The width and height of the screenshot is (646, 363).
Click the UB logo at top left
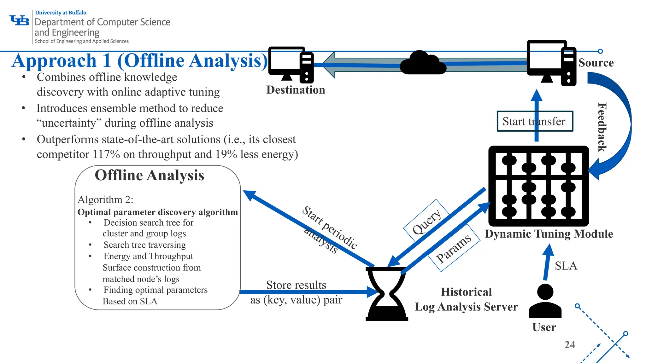(20, 21)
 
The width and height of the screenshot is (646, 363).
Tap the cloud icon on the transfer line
(423, 63)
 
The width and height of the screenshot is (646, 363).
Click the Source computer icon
(551, 63)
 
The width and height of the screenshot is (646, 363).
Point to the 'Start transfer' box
(535, 121)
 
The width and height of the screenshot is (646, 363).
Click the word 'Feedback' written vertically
(602, 127)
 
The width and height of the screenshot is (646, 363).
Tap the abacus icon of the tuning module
(538, 186)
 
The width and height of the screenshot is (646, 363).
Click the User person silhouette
(545, 301)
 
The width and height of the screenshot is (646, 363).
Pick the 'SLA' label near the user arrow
(566, 266)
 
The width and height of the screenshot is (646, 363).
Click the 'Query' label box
(426, 222)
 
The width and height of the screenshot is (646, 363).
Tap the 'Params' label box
(454, 248)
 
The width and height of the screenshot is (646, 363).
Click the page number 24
(570, 345)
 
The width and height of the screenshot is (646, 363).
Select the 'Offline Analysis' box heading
(150, 176)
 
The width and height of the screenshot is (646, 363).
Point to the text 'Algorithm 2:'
(105, 200)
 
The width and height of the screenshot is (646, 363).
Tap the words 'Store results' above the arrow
(296, 285)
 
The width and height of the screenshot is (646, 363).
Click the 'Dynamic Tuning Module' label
(549, 234)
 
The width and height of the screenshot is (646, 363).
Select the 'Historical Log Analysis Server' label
(466, 299)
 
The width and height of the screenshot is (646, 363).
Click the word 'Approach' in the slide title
(54, 61)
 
